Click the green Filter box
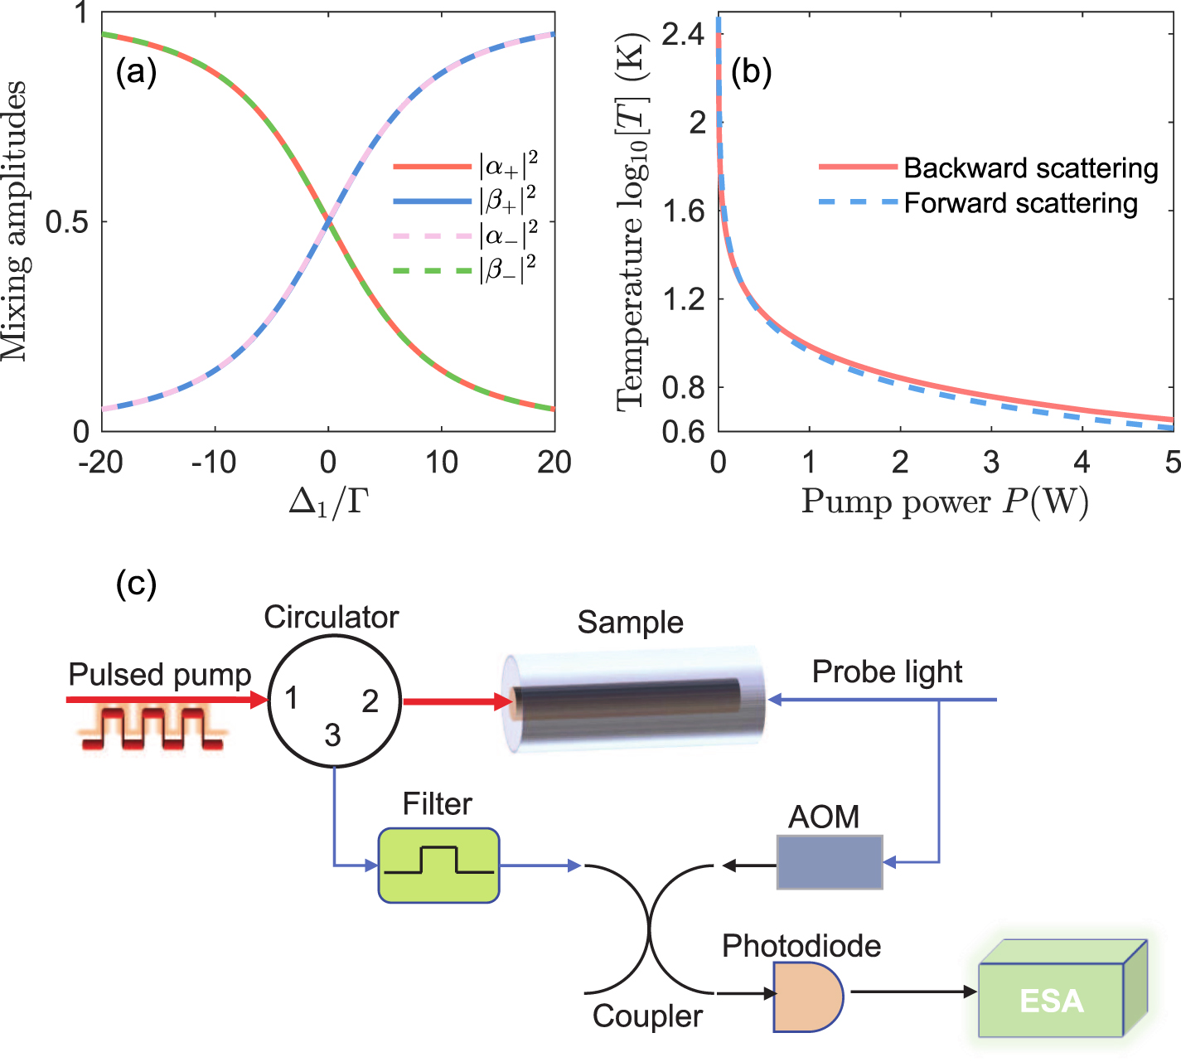[438, 865]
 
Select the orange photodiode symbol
[806, 997]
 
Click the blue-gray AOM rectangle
[830, 862]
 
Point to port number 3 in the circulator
[332, 735]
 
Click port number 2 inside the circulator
[370, 701]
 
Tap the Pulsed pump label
[159, 675]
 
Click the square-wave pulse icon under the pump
[152, 728]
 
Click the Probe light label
[887, 672]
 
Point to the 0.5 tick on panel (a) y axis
[67, 222]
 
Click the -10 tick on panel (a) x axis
[214, 463]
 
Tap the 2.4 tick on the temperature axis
[683, 35]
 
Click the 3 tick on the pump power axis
[991, 463]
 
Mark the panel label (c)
[136, 584]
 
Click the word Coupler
[647, 1016]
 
